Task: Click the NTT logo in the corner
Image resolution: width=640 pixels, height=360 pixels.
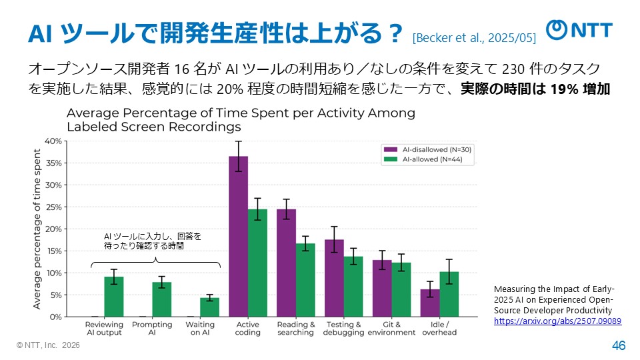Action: tap(579, 30)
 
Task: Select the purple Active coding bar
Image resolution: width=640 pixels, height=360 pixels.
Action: tap(239, 237)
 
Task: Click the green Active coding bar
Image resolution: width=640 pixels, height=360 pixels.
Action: tap(257, 263)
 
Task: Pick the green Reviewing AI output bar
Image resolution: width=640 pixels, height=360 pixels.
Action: tap(114, 297)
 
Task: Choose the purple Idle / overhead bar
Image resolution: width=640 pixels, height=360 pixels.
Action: tap(430, 303)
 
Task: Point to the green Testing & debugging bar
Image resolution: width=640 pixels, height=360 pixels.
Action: tap(353, 287)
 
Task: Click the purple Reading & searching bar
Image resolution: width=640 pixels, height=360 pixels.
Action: tap(287, 263)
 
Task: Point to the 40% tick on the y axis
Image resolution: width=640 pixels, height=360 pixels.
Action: tap(53, 141)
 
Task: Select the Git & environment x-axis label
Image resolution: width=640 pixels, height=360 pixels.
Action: tap(391, 329)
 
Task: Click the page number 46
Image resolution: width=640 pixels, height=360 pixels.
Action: tap(618, 345)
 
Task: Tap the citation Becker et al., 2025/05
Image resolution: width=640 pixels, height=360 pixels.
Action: tap(474, 37)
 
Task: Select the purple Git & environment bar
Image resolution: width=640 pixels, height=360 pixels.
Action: tap(382, 288)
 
